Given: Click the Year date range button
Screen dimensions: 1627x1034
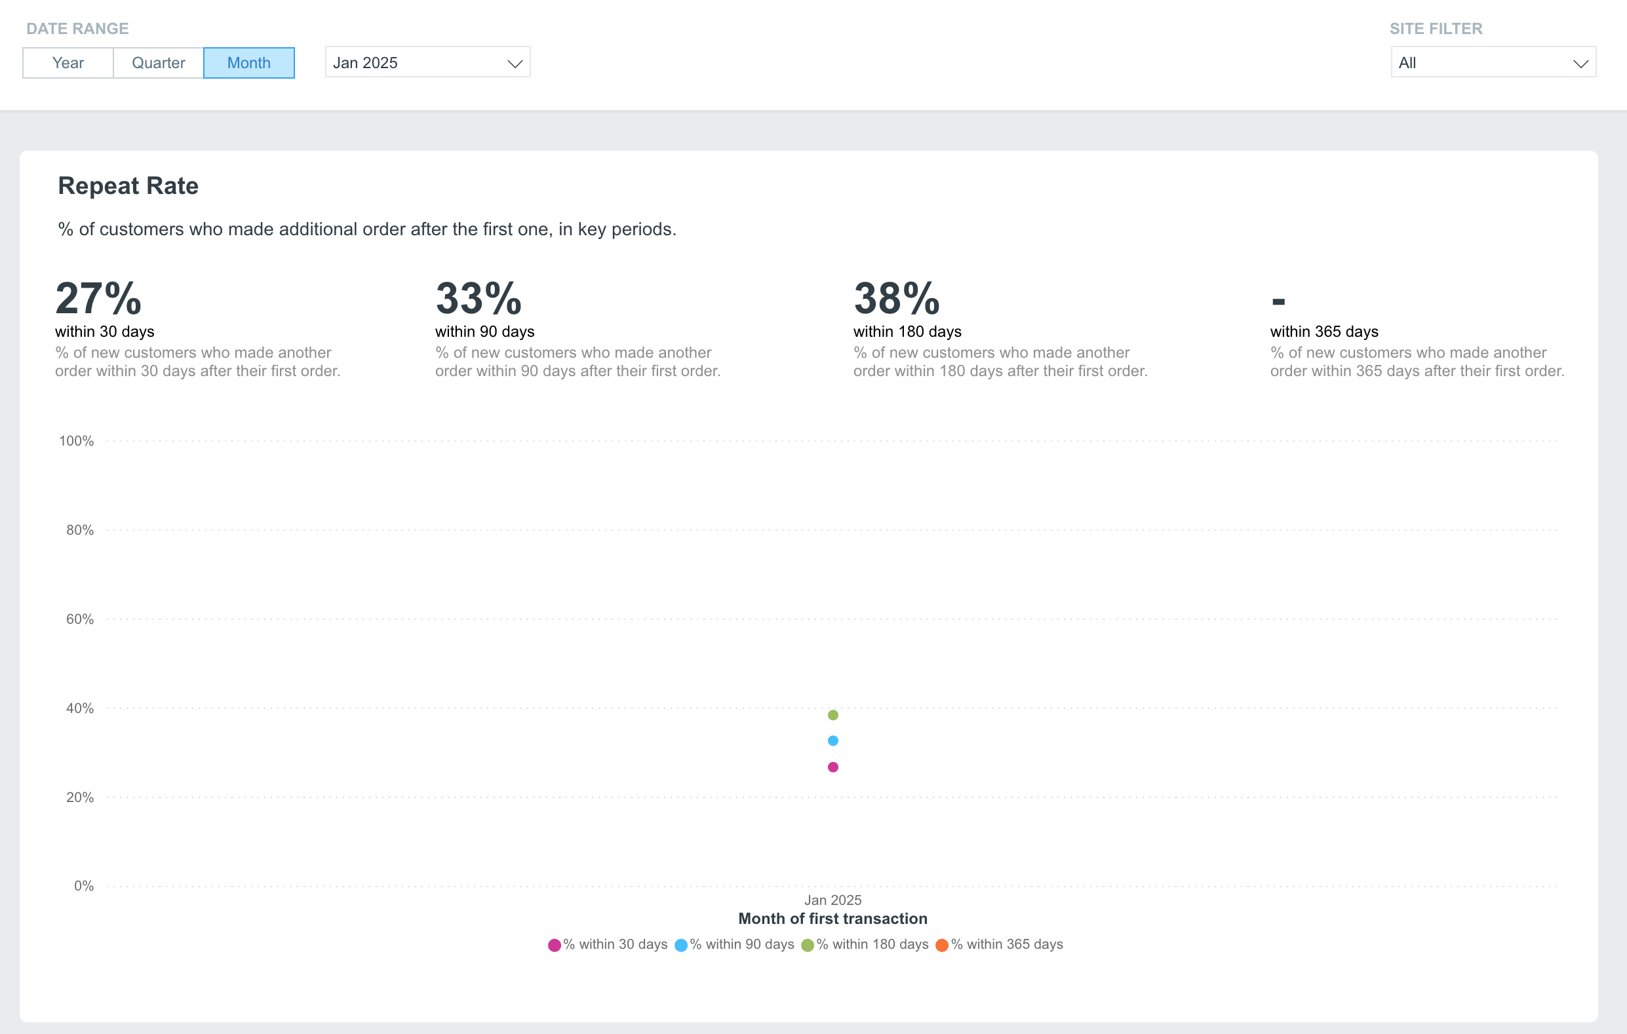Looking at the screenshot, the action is [x=68, y=63].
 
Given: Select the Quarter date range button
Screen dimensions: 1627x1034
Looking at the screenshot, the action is [x=159, y=63].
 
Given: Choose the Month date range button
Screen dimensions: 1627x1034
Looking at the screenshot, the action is [x=248, y=63].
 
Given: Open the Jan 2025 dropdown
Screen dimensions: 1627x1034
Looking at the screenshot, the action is [x=427, y=62].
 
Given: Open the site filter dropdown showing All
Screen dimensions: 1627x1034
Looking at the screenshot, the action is [x=1493, y=62].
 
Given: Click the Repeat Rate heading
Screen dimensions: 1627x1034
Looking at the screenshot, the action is [x=128, y=185].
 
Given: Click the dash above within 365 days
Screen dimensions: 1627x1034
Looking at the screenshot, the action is [x=1278, y=302].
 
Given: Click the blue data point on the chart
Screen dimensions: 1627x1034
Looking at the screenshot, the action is [x=833, y=741].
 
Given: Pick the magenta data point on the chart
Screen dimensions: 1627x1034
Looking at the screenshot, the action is [x=833, y=767].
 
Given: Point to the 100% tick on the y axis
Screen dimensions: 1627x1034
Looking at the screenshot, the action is [x=76, y=441].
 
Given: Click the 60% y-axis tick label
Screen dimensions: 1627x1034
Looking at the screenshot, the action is [x=80, y=619].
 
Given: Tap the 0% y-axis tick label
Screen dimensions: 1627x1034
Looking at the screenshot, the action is [x=84, y=886].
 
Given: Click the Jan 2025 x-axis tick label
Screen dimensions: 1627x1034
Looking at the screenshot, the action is [x=833, y=900].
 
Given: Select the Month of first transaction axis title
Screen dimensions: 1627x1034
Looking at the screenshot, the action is [x=833, y=919].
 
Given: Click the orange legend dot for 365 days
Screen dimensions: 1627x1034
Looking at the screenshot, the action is [x=942, y=946].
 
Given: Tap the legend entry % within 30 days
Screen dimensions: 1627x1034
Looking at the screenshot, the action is [x=608, y=945].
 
